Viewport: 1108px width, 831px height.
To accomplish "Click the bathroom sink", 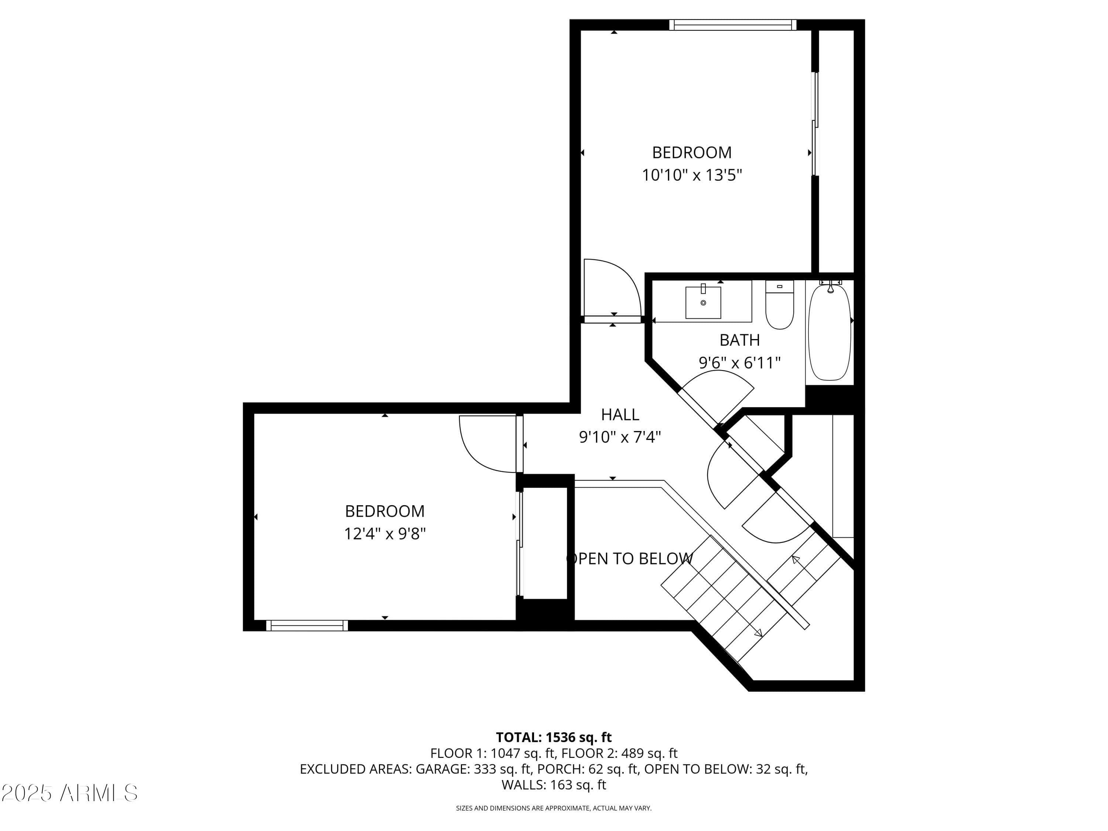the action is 703,302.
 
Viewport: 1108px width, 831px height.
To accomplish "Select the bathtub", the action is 830,332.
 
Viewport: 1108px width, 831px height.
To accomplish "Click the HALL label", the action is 620,414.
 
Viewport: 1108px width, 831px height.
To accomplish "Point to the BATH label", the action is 740,340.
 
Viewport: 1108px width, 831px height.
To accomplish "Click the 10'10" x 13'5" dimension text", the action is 692,175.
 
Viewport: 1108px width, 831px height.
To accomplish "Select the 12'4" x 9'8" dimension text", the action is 385,533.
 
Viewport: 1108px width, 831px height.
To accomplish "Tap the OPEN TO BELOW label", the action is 630,558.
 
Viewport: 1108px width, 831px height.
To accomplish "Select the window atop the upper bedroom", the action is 733,24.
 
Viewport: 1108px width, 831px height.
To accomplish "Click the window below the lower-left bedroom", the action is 307,625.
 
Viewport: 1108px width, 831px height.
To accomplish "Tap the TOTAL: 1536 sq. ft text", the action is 554,737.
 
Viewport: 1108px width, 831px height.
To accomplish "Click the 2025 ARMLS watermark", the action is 70,793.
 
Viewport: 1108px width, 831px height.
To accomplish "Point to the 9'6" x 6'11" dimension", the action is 740,362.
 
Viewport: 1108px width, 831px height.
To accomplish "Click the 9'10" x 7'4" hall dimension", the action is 620,437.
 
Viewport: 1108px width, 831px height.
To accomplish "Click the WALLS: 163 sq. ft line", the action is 554,784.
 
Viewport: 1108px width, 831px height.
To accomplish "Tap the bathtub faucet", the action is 830,287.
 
